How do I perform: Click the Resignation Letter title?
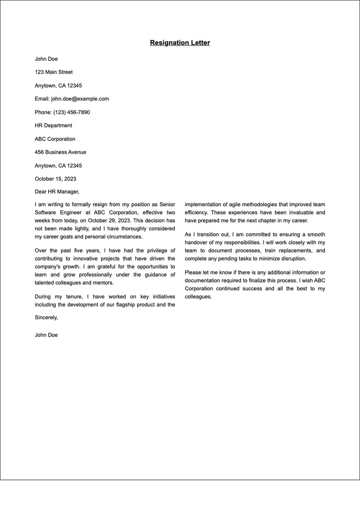click(180, 43)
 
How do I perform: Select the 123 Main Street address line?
click(54, 72)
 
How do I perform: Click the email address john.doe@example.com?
click(80, 99)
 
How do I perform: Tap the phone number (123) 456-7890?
click(71, 112)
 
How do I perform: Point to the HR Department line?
click(53, 125)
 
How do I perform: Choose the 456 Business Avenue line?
click(60, 152)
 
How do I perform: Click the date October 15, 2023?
click(55, 179)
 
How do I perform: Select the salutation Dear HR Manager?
click(57, 192)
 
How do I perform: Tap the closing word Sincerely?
click(46, 317)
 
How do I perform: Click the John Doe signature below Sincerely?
click(46, 335)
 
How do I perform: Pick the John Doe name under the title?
click(46, 59)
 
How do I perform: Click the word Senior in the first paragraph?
click(167, 205)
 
